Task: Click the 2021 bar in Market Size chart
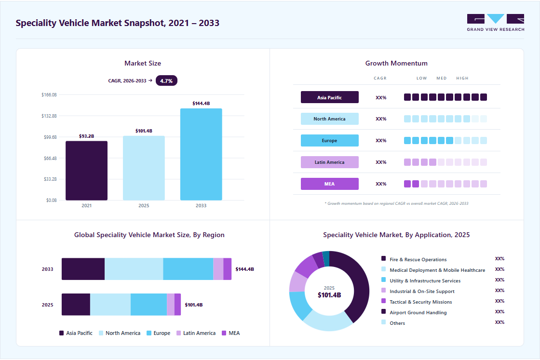click(x=86, y=171)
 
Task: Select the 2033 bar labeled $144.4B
click(x=201, y=154)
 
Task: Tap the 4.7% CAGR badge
click(x=166, y=81)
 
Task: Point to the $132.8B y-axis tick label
click(x=49, y=116)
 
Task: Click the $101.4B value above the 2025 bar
click(x=144, y=131)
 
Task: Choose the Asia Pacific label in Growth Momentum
click(x=330, y=97)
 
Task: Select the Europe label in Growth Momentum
click(x=330, y=140)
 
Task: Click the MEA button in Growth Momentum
click(x=330, y=184)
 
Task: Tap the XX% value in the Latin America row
click(x=381, y=162)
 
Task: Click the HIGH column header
click(x=462, y=78)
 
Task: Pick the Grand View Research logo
click(x=496, y=23)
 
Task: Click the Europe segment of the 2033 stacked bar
click(x=188, y=269)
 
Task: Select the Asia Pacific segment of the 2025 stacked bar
click(x=76, y=304)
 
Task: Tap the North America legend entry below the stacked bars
click(x=120, y=333)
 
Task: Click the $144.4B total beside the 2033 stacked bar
click(x=244, y=269)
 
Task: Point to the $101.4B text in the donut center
click(x=329, y=295)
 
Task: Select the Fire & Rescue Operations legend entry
click(x=414, y=259)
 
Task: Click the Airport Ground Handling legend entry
click(x=414, y=312)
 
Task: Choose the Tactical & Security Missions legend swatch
click(x=384, y=301)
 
